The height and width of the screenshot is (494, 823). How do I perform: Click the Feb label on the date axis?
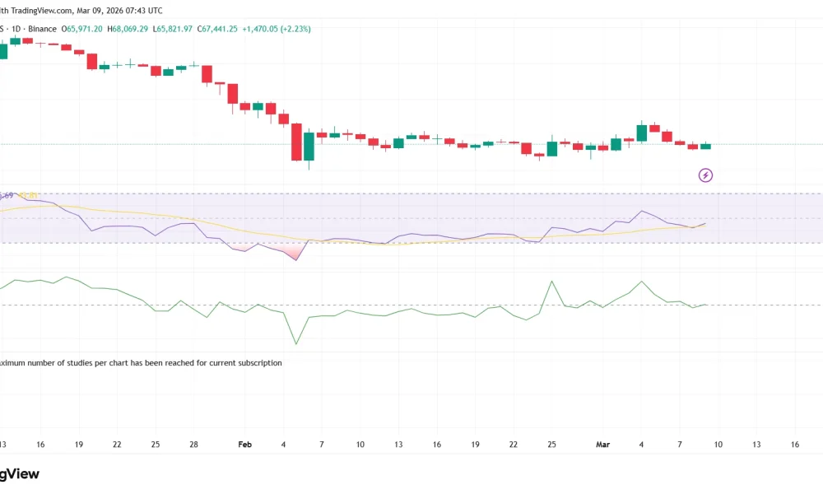(244, 445)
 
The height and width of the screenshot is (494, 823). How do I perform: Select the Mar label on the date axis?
(603, 445)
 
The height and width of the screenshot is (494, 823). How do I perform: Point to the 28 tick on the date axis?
(193, 445)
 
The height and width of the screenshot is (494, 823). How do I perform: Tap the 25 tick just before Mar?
(551, 445)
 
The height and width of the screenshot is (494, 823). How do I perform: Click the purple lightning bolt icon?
(705, 175)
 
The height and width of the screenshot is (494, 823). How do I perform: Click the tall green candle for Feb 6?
(309, 146)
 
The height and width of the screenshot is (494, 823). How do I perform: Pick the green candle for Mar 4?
(642, 133)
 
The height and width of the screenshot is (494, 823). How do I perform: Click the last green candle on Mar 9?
(705, 146)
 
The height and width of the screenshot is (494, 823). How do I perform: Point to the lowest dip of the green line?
(295, 343)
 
